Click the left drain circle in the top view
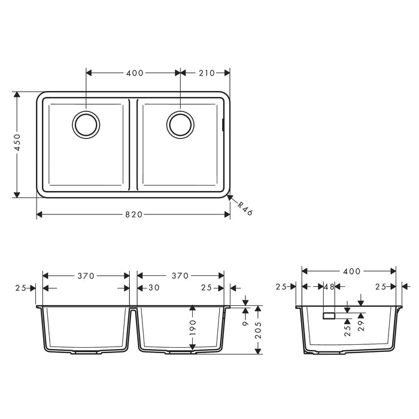(x=86, y=124)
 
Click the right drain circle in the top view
(x=180, y=124)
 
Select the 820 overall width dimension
(x=134, y=215)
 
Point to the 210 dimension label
(x=206, y=73)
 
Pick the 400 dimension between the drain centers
(x=135, y=73)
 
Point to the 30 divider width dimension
(x=154, y=288)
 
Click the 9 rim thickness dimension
(x=246, y=324)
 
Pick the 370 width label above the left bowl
(x=85, y=276)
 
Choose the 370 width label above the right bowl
(x=180, y=276)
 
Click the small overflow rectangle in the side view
(x=329, y=314)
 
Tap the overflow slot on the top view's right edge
(x=223, y=125)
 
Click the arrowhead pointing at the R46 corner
(x=230, y=197)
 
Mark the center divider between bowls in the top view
(x=133, y=144)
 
